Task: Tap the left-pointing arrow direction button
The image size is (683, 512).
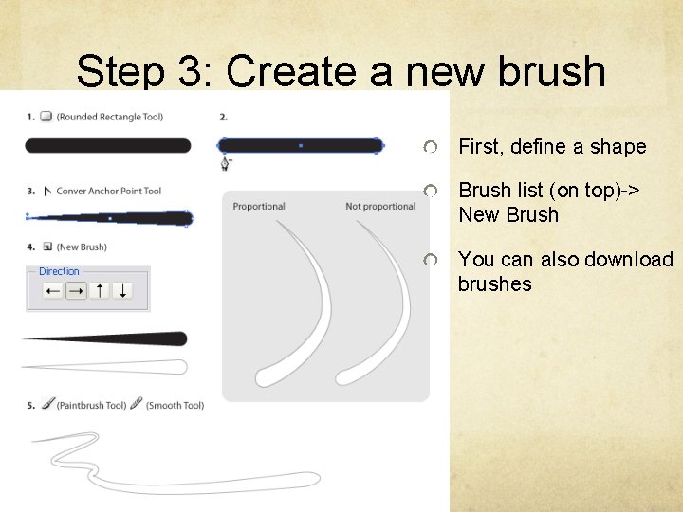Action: tap(53, 290)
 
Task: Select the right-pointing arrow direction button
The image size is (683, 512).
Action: tap(76, 290)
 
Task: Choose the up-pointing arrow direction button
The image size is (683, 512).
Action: tap(100, 290)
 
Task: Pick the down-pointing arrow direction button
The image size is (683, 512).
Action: tap(122, 290)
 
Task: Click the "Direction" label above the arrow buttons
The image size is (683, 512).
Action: tap(59, 271)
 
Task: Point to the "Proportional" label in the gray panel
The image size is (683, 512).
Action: tap(259, 206)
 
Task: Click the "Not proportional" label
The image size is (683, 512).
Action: tap(380, 206)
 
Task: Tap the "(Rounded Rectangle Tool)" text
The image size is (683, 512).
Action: tap(110, 117)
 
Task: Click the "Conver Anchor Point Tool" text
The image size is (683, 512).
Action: tap(109, 191)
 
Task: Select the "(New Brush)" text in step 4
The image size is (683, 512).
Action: tap(82, 247)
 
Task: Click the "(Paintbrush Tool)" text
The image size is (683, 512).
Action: tap(91, 405)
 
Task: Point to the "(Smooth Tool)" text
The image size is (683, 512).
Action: tap(175, 405)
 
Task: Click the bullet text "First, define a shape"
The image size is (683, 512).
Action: tap(552, 147)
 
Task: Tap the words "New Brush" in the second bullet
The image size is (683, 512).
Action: tap(508, 215)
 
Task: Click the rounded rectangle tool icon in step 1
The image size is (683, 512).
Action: tap(46, 117)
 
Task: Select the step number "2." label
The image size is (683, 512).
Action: tap(224, 117)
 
